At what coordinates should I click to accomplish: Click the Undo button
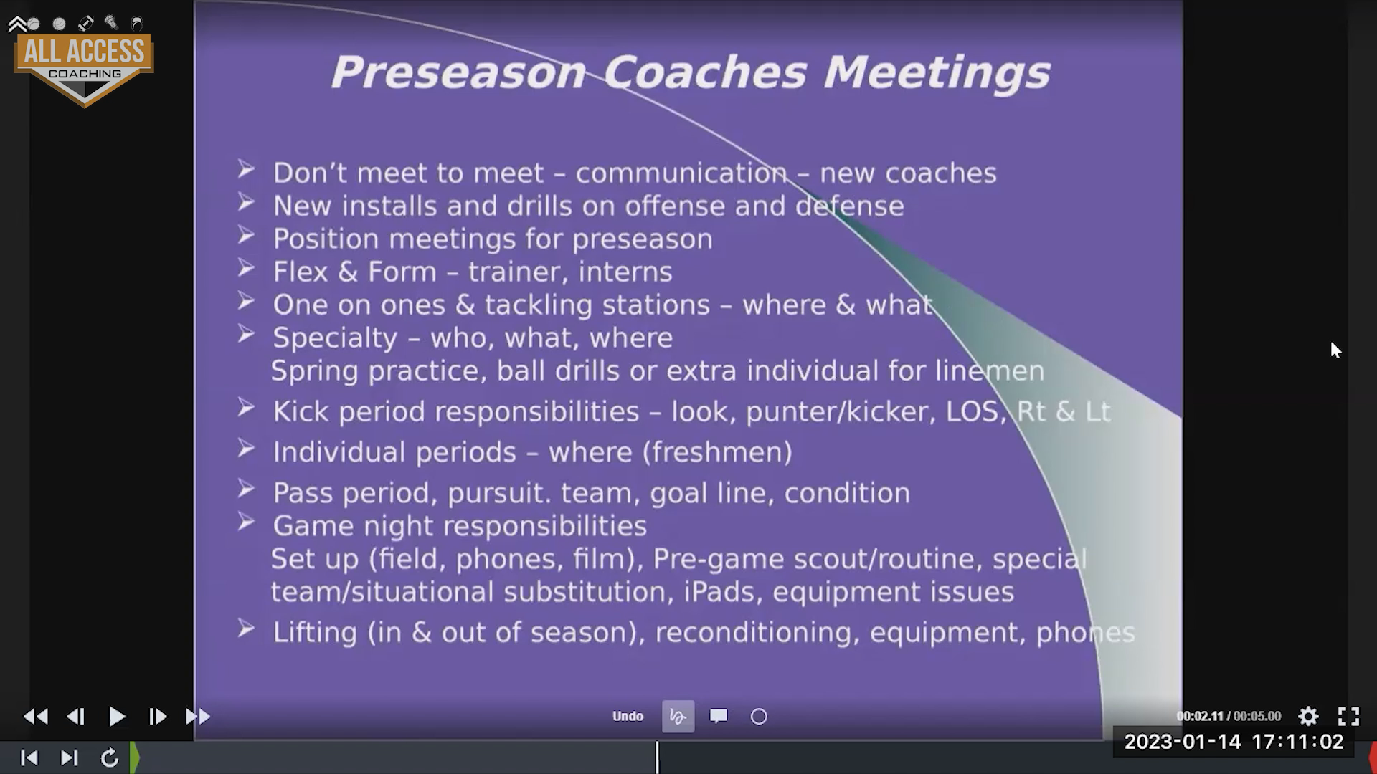(x=628, y=716)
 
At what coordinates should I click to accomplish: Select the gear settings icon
(x=1308, y=716)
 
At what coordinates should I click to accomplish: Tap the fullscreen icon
(x=1348, y=716)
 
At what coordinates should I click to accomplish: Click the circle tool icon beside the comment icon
(x=759, y=717)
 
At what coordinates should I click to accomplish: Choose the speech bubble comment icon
(x=719, y=716)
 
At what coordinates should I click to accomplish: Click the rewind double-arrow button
(x=36, y=716)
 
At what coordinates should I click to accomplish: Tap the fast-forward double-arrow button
(x=198, y=716)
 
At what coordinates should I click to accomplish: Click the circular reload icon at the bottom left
(x=110, y=758)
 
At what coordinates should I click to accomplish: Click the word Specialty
(x=335, y=338)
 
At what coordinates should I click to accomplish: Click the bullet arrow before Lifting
(x=246, y=629)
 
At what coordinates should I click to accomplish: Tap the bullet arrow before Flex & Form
(x=246, y=269)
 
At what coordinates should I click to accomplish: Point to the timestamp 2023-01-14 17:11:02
(x=1234, y=741)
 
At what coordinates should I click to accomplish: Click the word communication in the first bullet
(x=681, y=173)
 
